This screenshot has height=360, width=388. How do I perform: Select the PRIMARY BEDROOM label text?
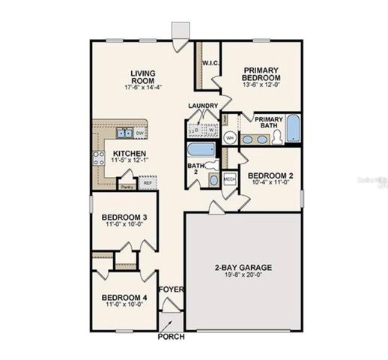261,74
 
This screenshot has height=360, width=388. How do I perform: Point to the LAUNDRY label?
204,106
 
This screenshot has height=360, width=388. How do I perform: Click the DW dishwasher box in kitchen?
140,133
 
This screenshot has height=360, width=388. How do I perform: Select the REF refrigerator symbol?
148,182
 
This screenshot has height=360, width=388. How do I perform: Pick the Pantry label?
127,187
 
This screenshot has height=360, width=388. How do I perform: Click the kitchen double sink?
124,134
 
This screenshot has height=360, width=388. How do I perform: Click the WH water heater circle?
231,139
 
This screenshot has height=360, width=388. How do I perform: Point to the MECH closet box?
230,180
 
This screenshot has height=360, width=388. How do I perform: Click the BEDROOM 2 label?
268,174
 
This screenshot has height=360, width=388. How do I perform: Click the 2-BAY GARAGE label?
243,267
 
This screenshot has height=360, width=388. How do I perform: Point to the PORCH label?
171,337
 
